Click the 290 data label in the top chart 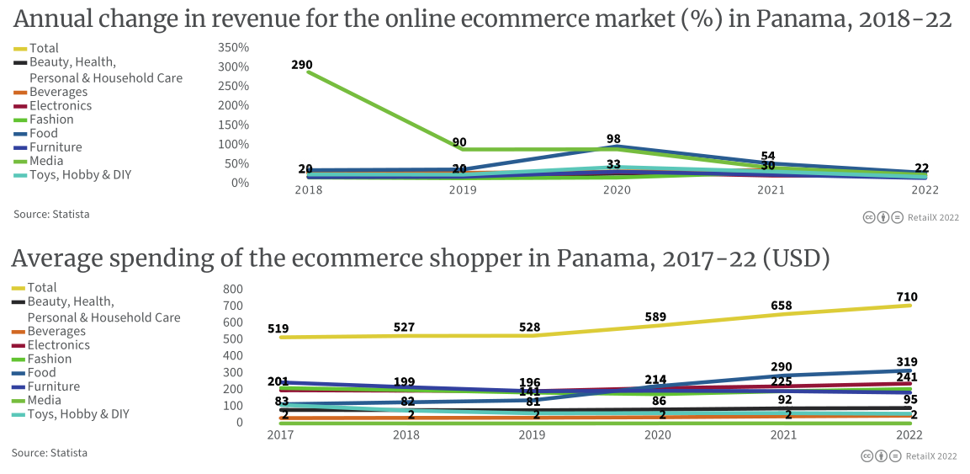pyautogui.click(x=303, y=64)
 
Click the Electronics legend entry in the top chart pyautogui.click(x=60, y=106)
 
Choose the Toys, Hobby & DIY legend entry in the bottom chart pyautogui.click(x=78, y=414)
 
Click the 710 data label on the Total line pyautogui.click(x=907, y=297)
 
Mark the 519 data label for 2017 pyautogui.click(x=278, y=329)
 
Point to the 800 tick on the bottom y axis pyautogui.click(x=233, y=288)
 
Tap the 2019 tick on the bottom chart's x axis pyautogui.click(x=533, y=435)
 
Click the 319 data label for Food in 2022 pyautogui.click(x=907, y=362)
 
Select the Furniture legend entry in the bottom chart pyautogui.click(x=54, y=386)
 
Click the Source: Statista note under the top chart pyautogui.click(x=51, y=215)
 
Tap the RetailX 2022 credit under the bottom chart pyautogui.click(x=931, y=456)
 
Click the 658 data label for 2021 pyautogui.click(x=782, y=306)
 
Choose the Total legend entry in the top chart pyautogui.click(x=44, y=49)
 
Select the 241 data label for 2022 pyautogui.click(x=907, y=378)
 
